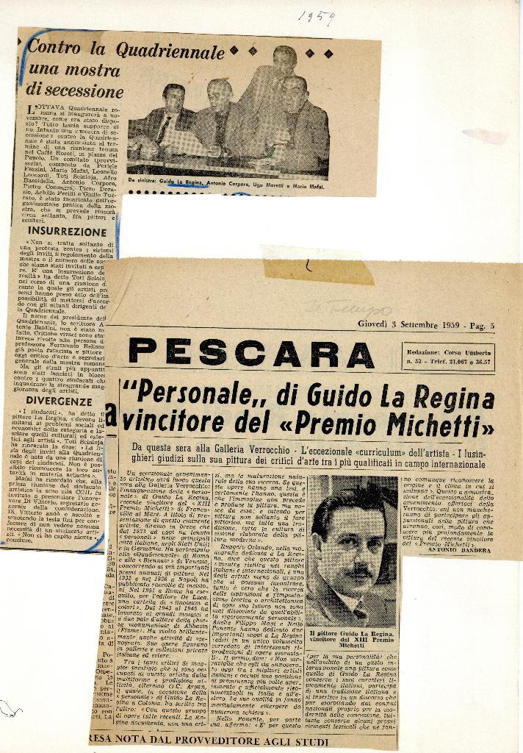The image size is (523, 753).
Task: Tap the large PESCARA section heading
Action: (240, 351)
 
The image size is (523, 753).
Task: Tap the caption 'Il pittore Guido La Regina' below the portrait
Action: (353, 638)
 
